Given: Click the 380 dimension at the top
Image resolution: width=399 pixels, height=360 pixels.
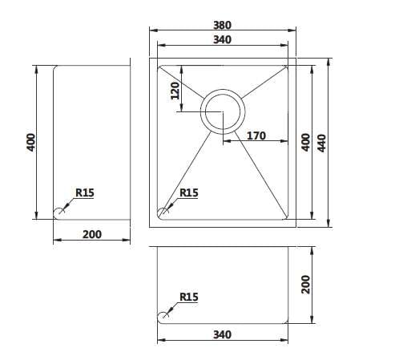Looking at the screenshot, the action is point(222,25).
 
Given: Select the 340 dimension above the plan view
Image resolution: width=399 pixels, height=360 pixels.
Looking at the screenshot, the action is point(222,40).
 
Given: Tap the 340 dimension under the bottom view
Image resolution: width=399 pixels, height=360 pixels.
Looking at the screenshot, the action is point(222,334).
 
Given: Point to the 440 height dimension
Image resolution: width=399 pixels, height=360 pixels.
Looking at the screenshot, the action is point(321,143).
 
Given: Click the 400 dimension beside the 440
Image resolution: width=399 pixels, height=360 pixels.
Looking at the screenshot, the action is point(306,143).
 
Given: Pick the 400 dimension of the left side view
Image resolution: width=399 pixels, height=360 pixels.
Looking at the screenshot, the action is point(31,143).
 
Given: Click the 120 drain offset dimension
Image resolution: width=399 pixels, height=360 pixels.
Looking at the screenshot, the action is point(175,91).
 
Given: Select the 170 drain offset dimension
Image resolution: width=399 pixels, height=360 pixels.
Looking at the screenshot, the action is point(256,136).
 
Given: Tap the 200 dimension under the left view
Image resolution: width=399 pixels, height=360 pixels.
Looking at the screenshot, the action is point(92,234).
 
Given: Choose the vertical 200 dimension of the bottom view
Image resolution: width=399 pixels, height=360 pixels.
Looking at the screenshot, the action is point(306,285).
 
